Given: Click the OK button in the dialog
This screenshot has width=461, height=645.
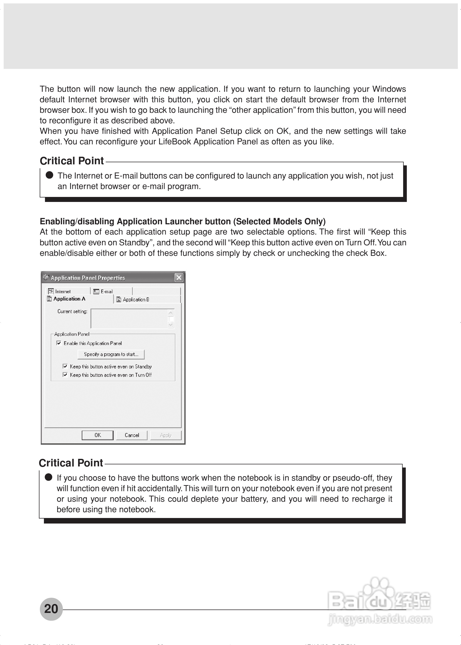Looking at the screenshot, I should click(x=97, y=435).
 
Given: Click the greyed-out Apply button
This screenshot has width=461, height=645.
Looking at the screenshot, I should click(x=165, y=435).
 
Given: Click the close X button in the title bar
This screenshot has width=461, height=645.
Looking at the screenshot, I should click(x=179, y=277).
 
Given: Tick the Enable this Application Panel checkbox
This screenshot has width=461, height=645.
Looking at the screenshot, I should click(x=59, y=343).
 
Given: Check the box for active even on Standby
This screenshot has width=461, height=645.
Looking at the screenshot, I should click(x=65, y=366).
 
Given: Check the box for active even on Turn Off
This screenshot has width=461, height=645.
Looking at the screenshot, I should click(x=65, y=375).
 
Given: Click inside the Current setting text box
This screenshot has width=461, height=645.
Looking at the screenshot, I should click(x=129, y=319).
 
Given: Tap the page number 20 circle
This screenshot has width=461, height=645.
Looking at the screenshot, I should click(x=51, y=609).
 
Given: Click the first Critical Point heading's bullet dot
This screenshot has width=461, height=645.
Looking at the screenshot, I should click(x=49, y=175).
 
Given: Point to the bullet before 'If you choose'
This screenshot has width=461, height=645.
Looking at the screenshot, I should click(x=49, y=477).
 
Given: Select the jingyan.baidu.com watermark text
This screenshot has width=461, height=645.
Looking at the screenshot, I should click(x=380, y=619).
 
